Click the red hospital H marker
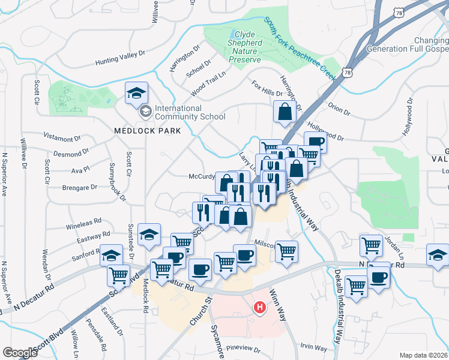tap(260, 308)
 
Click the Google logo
tap(20, 353)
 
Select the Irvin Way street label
tap(313, 347)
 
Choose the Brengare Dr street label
tap(79, 187)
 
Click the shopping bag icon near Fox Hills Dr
tap(284, 112)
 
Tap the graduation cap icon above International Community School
tap(136, 94)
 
